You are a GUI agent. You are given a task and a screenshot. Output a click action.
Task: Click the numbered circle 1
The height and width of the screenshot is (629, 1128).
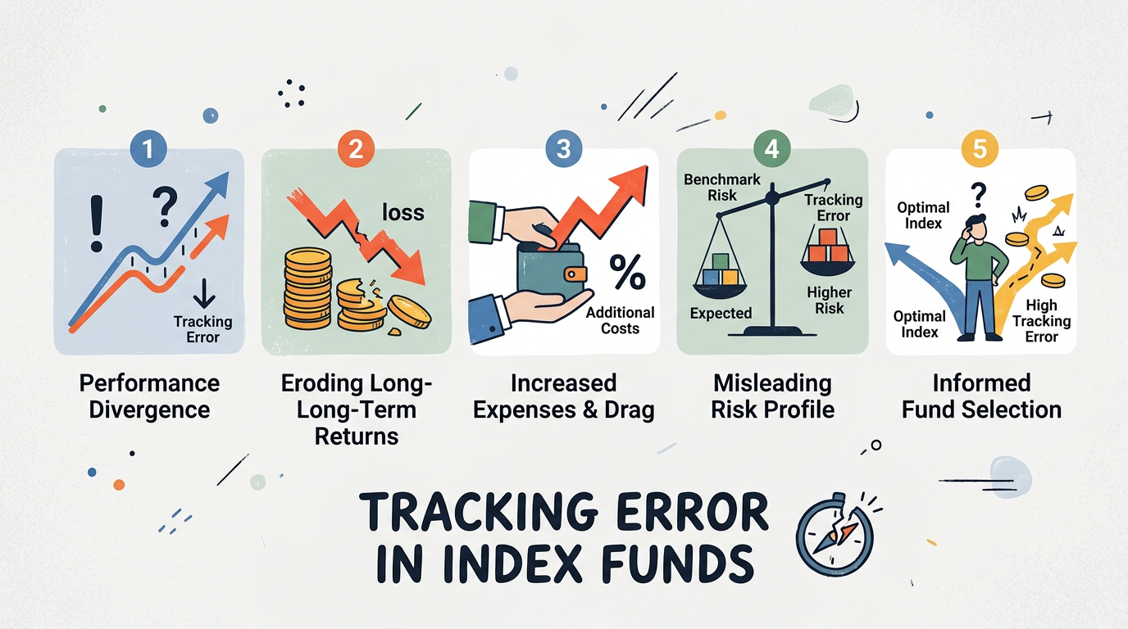point(148,149)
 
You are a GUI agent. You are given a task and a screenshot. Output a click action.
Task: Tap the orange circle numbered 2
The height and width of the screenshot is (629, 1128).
point(356,149)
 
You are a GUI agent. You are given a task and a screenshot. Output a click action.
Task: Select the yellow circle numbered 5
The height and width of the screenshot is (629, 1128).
point(980,149)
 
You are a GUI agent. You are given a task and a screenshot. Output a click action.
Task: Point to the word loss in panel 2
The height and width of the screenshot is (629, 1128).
point(403,212)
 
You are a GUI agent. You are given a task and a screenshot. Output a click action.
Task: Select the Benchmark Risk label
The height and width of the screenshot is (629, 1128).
point(721,187)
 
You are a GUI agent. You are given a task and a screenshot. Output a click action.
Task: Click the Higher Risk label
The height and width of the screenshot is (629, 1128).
point(829,301)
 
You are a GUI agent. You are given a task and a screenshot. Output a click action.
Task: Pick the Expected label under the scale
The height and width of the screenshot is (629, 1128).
point(721,313)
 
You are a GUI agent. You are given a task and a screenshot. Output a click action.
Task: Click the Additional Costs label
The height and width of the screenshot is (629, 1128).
point(620,320)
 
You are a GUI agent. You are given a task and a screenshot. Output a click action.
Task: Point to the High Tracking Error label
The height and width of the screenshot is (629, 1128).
point(1040,320)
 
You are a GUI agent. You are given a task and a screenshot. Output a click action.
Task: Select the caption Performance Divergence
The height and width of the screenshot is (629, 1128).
point(149,396)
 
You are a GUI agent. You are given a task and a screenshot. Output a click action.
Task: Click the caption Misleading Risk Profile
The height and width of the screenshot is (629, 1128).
point(771,396)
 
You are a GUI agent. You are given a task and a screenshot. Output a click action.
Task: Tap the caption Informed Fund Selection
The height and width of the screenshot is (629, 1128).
point(981,396)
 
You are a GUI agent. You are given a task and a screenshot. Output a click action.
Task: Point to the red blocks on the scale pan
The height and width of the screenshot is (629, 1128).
point(827,247)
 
